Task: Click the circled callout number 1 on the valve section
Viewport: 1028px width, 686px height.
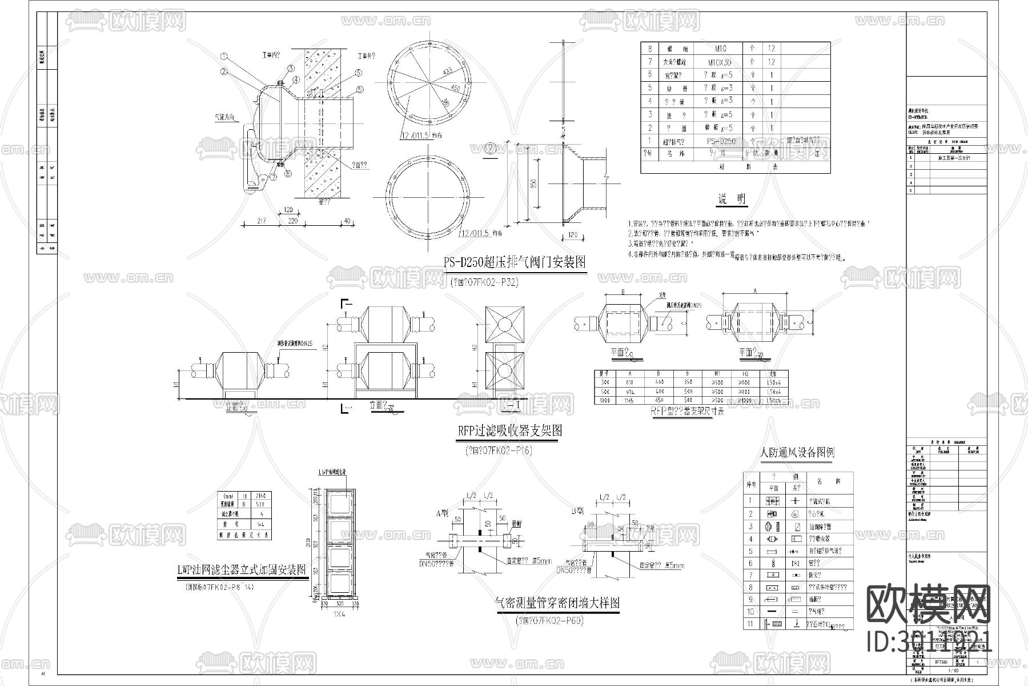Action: pos(224,57)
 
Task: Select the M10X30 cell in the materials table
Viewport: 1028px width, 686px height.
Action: pos(719,62)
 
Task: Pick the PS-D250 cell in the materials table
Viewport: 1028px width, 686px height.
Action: pos(721,141)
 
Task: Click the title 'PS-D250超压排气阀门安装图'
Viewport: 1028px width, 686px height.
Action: pos(515,262)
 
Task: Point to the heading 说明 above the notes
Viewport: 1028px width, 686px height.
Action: pos(732,200)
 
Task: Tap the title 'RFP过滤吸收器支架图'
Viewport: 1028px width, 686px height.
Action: pos(509,430)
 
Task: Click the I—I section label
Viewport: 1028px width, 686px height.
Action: pos(510,406)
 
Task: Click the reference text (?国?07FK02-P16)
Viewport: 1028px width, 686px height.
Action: pos(499,450)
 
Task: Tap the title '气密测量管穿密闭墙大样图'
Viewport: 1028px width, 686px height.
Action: pos(557,603)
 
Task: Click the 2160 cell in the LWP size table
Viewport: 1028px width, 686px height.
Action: pos(262,496)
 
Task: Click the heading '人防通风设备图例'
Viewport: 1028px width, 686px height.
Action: pos(797,453)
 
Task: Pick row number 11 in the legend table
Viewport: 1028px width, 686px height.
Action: pos(751,624)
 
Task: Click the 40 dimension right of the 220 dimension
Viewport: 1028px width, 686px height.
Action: pos(347,221)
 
